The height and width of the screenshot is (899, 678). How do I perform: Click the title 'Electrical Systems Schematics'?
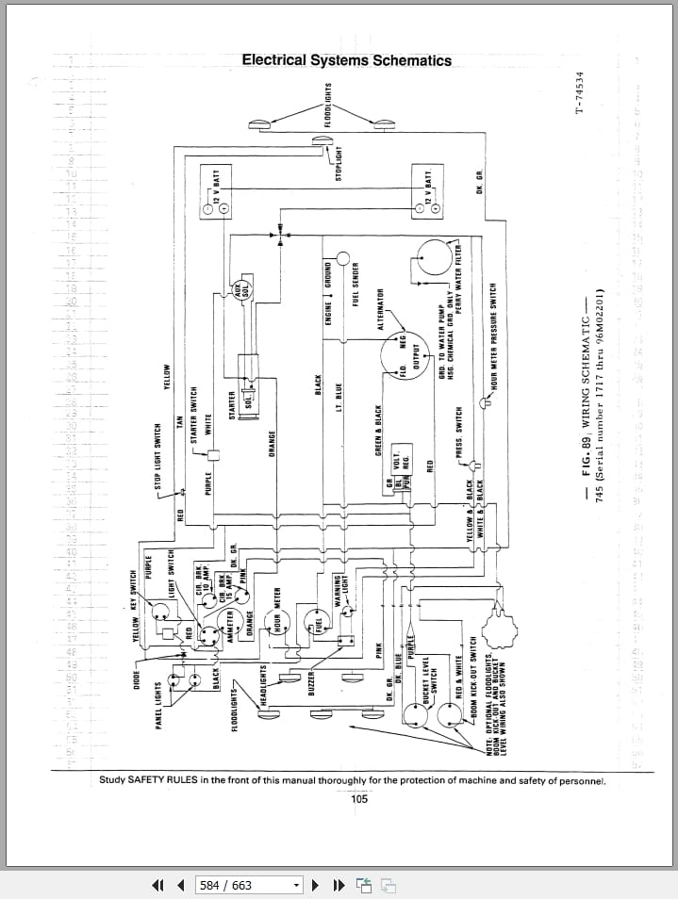coord(346,60)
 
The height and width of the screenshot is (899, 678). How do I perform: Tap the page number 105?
coord(359,799)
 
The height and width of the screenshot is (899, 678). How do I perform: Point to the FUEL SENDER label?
coord(356,284)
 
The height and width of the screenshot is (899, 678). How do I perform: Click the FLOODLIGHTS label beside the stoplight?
coord(328,105)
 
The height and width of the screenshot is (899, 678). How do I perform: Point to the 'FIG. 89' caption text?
coord(586,459)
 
